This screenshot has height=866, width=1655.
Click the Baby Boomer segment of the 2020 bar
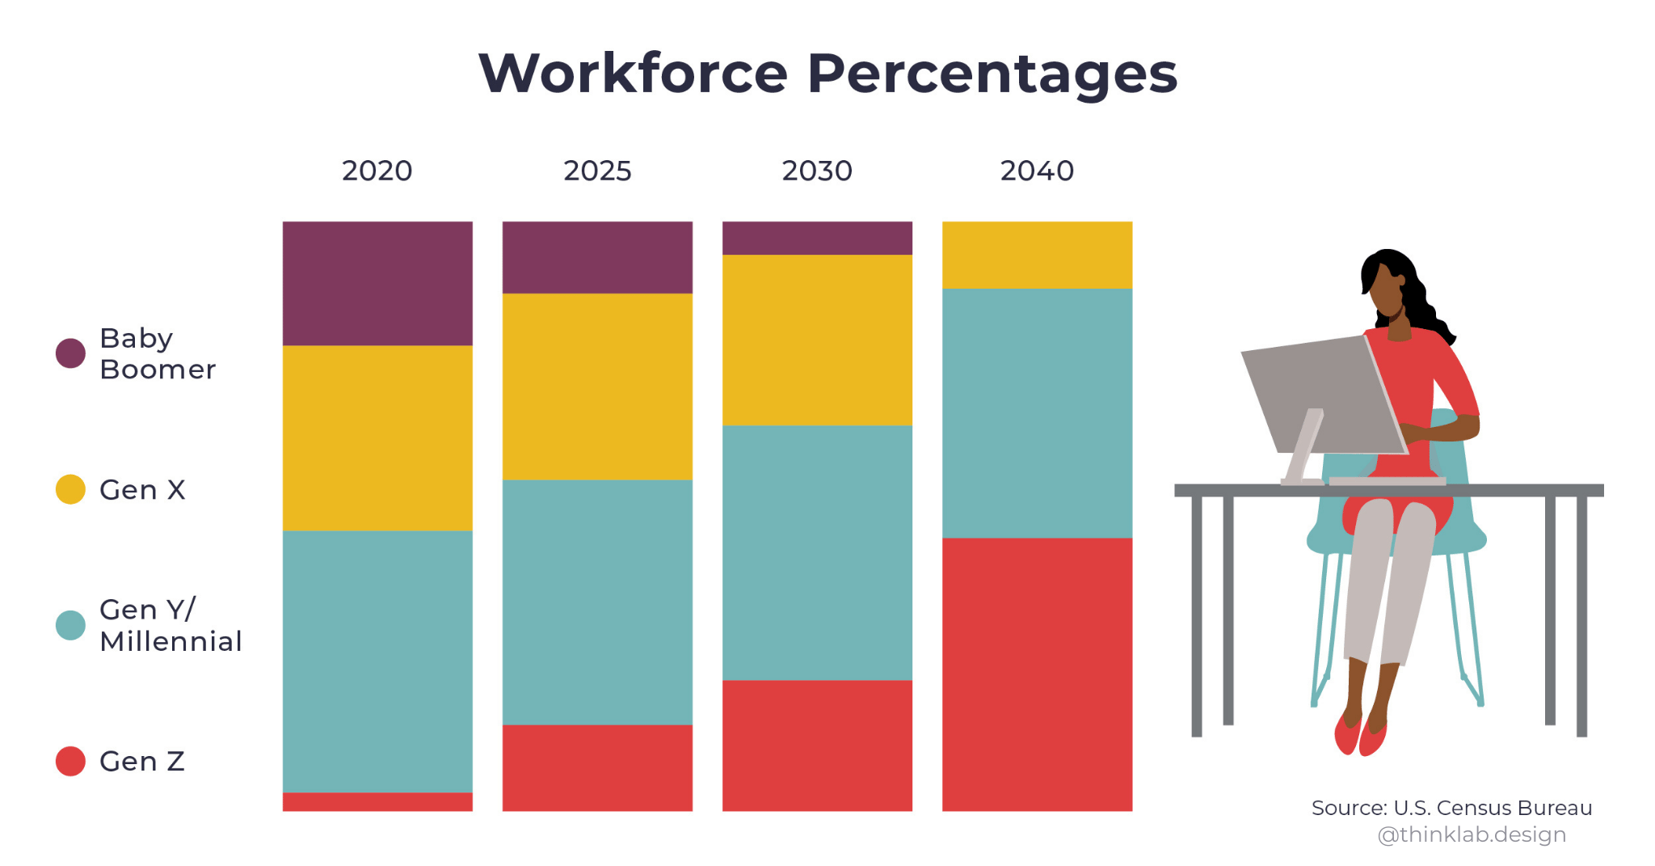(377, 283)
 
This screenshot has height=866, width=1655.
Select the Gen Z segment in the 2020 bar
(377, 801)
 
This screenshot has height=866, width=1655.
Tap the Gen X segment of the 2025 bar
(597, 387)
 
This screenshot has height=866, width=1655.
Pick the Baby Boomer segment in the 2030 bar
(817, 238)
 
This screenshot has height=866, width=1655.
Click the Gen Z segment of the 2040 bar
(1037, 674)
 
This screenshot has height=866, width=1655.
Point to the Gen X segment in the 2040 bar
(1037, 255)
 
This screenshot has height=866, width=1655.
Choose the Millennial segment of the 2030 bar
(817, 552)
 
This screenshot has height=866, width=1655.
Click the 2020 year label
(377, 171)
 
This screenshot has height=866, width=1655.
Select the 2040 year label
(1037, 171)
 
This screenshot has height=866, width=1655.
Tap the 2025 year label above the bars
(597, 171)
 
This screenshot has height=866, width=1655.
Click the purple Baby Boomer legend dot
(70, 353)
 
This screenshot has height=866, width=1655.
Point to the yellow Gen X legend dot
(70, 489)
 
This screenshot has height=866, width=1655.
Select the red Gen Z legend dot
(70, 761)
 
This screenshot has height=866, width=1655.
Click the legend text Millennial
(171, 641)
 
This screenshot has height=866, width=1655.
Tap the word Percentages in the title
(992, 74)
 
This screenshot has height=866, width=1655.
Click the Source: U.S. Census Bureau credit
(1451, 808)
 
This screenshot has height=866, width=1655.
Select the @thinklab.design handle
(1472, 834)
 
